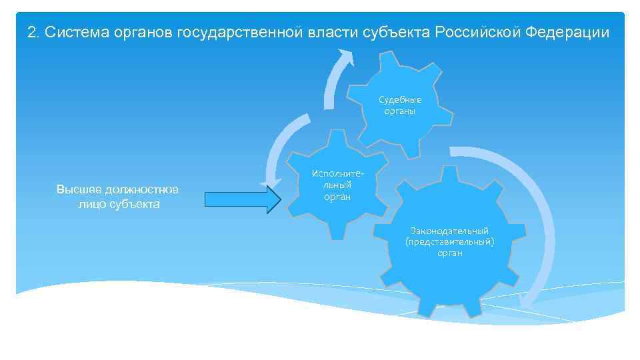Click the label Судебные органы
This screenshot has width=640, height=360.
click(x=400, y=105)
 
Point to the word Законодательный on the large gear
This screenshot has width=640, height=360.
click(x=449, y=231)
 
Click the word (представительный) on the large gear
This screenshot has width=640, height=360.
click(x=450, y=242)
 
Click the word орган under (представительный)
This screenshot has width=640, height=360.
click(x=450, y=253)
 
